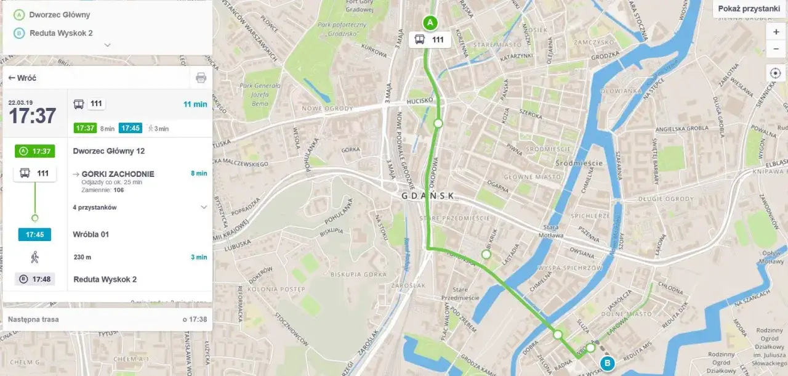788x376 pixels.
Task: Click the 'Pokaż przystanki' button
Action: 749,9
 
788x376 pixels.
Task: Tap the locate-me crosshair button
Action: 776,73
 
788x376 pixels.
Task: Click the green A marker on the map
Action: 430,23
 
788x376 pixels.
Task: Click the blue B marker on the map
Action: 608,363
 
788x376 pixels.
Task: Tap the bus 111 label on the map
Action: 430,40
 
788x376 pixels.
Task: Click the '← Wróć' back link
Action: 22,78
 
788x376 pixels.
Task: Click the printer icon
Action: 201,78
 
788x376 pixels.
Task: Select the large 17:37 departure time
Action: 32,115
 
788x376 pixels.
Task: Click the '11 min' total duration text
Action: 195,104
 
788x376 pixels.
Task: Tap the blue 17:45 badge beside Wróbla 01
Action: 34,235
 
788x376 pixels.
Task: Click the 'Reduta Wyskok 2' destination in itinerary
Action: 105,279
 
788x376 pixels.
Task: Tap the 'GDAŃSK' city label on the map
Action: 428,196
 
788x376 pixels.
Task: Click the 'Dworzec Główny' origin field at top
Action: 60,14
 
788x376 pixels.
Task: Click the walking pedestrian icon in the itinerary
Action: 34,257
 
